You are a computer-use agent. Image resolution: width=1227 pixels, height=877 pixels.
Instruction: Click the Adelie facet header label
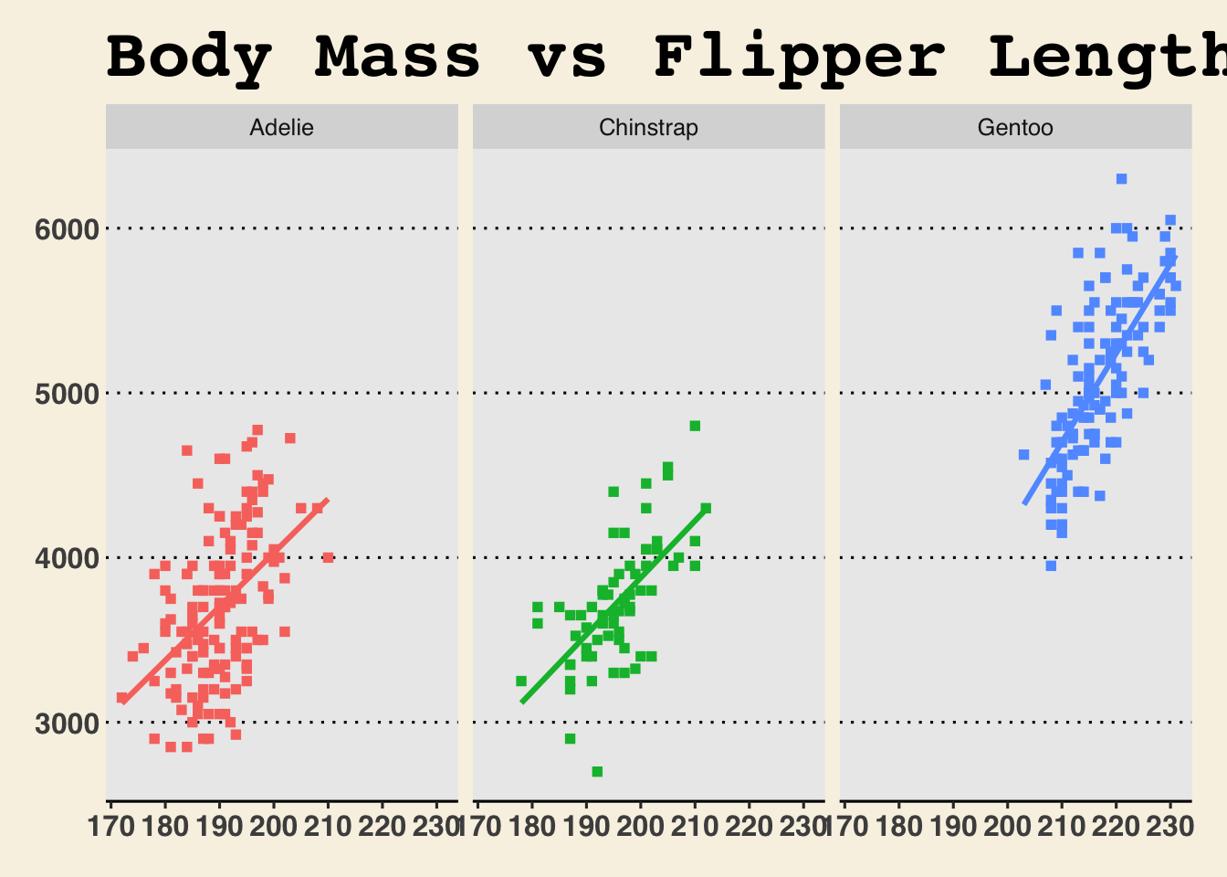281,128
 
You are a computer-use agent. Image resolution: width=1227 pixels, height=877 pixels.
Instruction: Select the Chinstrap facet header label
648,128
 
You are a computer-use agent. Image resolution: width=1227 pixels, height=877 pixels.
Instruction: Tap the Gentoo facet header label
1015,128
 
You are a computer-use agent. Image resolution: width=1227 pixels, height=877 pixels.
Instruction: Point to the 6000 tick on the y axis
66,229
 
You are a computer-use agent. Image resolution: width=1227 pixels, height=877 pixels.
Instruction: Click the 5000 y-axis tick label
66,394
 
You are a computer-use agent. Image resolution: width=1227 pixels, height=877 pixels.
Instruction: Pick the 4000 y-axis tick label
66,558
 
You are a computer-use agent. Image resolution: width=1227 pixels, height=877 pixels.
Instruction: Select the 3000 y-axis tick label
66,723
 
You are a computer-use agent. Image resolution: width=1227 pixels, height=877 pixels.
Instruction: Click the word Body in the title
189,57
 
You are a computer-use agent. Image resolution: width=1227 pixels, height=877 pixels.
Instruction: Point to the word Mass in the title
397,57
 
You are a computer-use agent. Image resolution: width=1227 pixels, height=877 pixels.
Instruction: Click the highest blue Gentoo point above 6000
1121,179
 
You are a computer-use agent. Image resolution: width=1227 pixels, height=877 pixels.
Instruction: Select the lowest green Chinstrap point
597,772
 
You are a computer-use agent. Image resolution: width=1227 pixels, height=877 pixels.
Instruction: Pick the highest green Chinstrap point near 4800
695,426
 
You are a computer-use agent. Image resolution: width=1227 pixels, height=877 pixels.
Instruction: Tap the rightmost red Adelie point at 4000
328,557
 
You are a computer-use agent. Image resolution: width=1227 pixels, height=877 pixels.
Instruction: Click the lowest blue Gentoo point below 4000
1051,565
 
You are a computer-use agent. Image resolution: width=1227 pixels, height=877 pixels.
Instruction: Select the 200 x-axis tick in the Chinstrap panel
640,827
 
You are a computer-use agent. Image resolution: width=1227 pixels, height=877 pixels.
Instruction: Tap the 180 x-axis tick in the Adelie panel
164,827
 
